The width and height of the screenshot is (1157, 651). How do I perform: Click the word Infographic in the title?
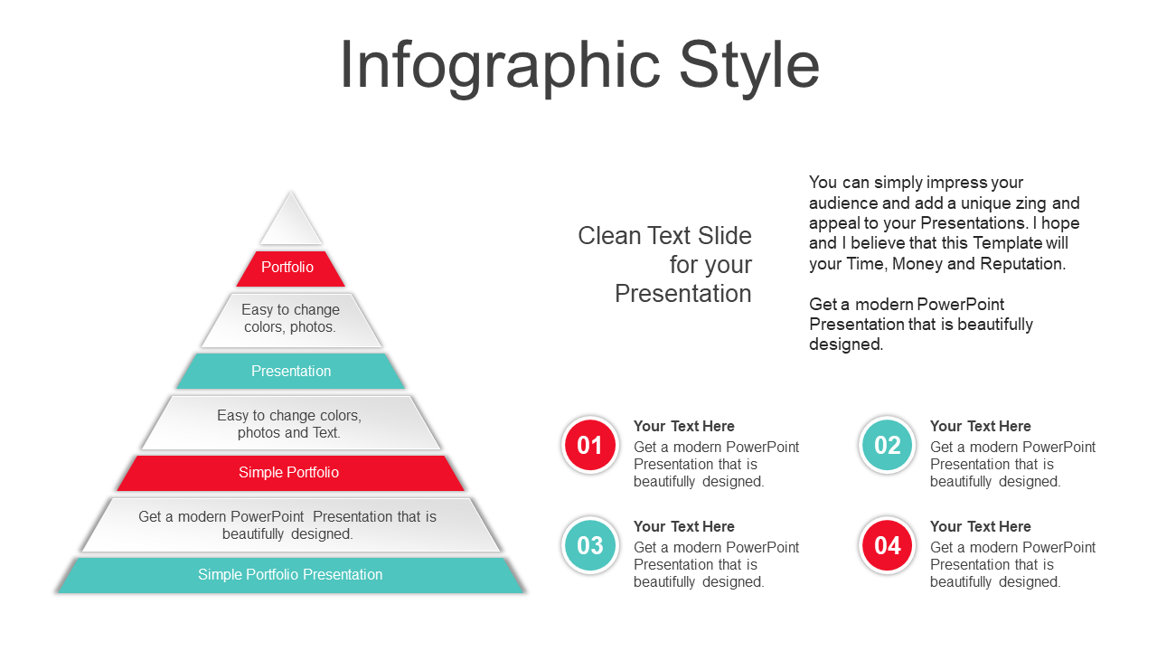click(x=500, y=67)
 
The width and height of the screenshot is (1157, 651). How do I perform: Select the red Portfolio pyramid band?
click(x=290, y=269)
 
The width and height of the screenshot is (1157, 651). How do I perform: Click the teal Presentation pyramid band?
click(x=291, y=371)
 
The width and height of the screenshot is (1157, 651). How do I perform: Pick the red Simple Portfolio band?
click(x=290, y=473)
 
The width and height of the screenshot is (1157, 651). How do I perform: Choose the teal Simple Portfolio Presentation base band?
click(x=291, y=574)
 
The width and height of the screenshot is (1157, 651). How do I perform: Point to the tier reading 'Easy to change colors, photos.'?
click(x=291, y=320)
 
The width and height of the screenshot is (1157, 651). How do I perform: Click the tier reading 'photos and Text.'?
click(x=291, y=422)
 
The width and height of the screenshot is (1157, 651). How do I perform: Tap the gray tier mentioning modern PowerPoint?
click(x=291, y=524)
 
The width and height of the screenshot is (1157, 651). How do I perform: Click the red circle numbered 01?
click(x=590, y=445)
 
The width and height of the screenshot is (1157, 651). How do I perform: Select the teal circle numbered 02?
click(x=888, y=445)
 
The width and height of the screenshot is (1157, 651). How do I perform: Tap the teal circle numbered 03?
click(x=590, y=545)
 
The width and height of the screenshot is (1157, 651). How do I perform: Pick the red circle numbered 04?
click(x=888, y=545)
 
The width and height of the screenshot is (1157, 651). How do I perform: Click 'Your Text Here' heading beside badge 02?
click(x=981, y=426)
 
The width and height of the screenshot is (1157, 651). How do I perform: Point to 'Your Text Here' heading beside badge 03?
click(x=684, y=526)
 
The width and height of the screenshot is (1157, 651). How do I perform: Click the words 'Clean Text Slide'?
click(x=664, y=236)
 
